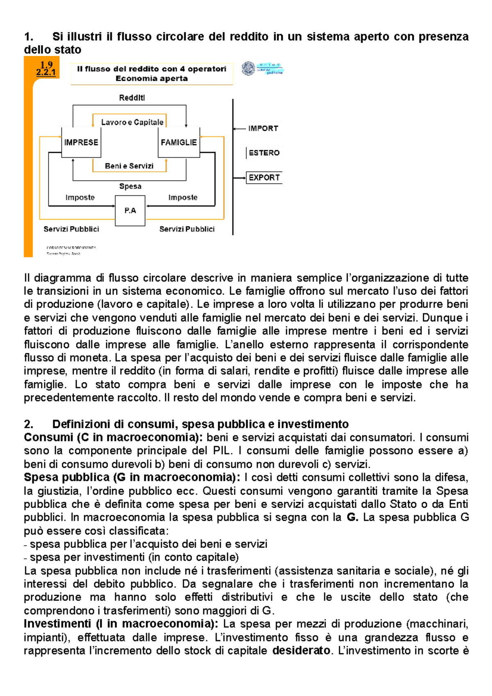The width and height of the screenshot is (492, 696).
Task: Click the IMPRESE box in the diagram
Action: pos(81,142)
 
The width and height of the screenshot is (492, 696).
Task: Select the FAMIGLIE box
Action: pos(179,142)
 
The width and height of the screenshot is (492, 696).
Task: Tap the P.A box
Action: pos(130,211)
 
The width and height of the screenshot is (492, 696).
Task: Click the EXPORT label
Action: pos(264,177)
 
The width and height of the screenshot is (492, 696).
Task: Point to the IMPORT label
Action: pos(263,128)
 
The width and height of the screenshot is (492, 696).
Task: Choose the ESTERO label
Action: pos(264,153)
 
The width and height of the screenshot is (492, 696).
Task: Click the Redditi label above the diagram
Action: pos(132,98)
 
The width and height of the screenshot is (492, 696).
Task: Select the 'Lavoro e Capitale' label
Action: pos(132,122)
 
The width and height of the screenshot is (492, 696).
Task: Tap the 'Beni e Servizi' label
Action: pos(129,166)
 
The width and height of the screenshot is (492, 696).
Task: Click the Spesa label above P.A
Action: pos(130,186)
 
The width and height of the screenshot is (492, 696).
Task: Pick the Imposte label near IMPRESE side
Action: pos(80,198)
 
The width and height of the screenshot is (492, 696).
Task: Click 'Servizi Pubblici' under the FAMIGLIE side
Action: pos(187,229)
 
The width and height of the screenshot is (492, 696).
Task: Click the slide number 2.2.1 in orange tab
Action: pos(46,73)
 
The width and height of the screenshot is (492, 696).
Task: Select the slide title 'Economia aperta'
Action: pos(151,78)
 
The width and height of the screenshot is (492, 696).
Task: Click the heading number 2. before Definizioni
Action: pos(28,424)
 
